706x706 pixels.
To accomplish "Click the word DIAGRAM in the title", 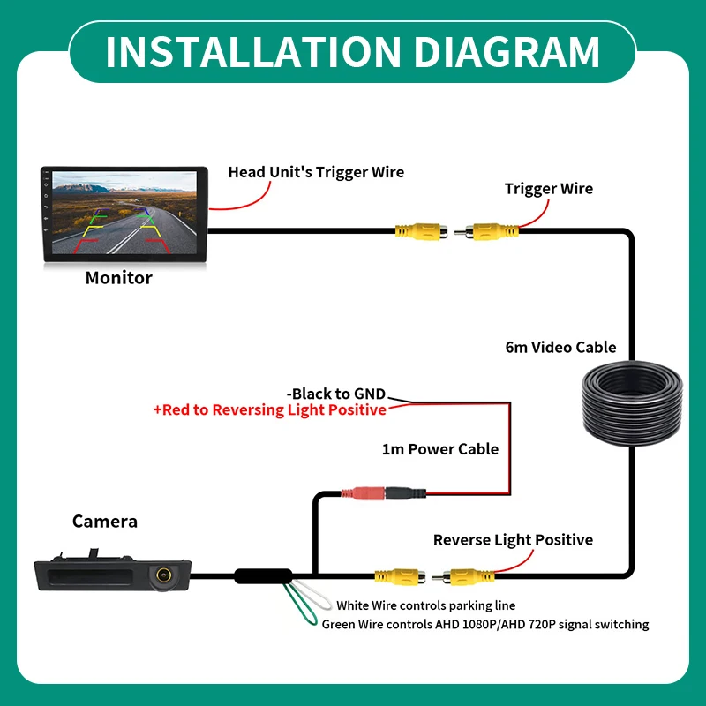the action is [507, 51].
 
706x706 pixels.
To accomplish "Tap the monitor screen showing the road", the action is [124, 213].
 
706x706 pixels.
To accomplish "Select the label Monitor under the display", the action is [119, 278].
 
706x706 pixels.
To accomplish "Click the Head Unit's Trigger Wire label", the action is [316, 172].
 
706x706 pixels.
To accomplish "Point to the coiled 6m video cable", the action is [632, 402].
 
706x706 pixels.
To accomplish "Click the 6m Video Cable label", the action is [560, 347].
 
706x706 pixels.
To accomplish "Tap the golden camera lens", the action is [163, 575].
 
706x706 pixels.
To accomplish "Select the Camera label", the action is [105, 522].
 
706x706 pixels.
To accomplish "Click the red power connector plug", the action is [363, 493].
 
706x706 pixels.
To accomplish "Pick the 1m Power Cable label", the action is [439, 449].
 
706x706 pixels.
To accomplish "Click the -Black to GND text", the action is [336, 394].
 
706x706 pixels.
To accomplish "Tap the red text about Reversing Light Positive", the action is [270, 410].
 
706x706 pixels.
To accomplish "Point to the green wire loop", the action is [299, 605].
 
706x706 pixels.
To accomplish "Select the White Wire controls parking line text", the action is [426, 605].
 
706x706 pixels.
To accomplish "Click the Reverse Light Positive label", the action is [513, 540].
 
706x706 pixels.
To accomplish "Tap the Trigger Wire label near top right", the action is [548, 189].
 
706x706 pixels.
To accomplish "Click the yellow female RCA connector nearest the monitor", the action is [422, 231].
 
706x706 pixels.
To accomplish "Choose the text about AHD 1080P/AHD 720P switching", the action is [484, 625].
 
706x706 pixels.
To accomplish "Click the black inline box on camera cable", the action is [263, 576].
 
